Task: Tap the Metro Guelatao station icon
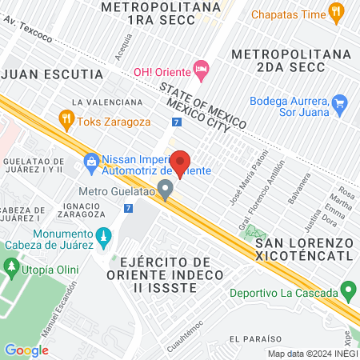[166, 190]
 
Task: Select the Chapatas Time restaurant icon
[336, 13]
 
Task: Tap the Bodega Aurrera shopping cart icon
[339, 103]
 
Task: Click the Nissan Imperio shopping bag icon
[91, 162]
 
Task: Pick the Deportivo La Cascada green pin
[347, 289]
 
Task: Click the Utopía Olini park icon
[12, 265]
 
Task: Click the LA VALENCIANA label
[106, 102]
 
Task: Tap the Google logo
[26, 350]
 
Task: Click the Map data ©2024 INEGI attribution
[312, 354]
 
